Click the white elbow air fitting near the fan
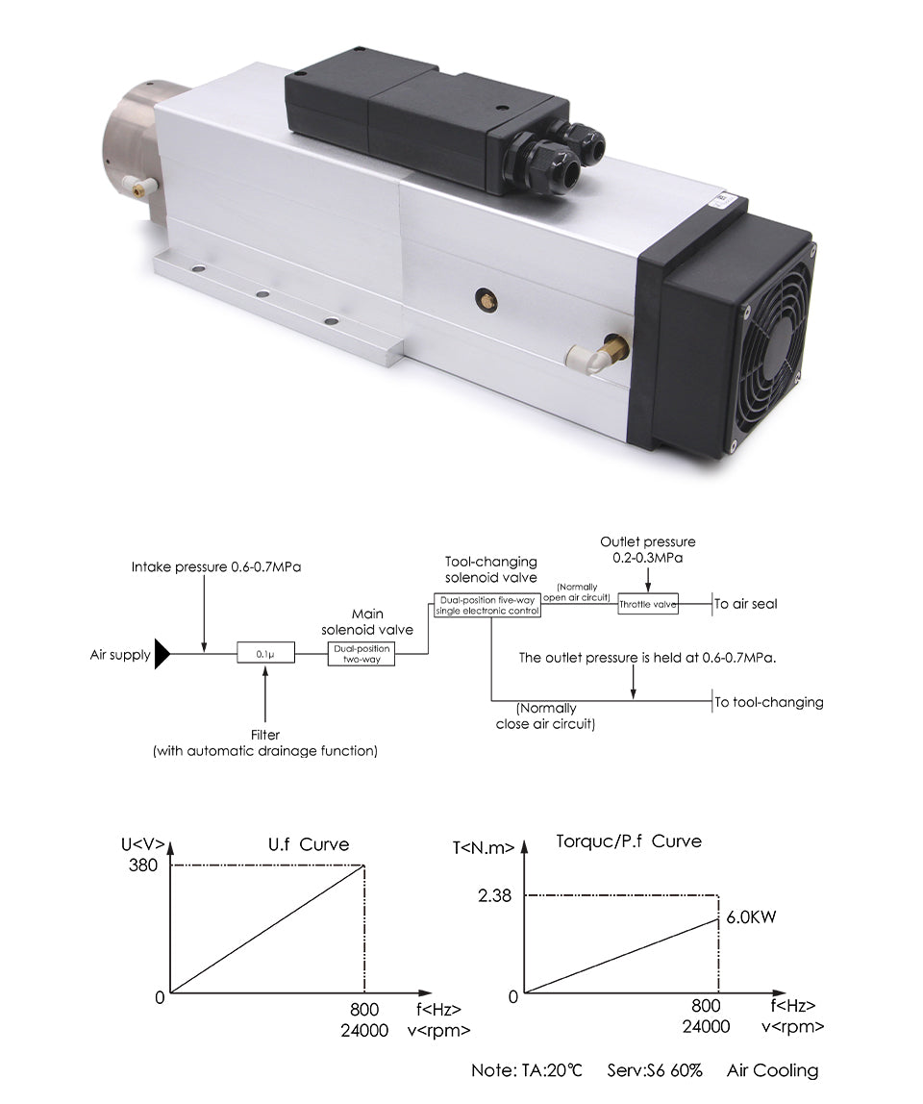589,357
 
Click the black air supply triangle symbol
162,655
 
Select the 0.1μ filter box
265,655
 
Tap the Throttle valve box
647,604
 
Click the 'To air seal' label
746,604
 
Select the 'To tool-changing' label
769,702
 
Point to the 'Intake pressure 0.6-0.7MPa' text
216,567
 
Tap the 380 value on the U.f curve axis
141,865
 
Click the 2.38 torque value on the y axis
494,895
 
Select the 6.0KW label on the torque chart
751,916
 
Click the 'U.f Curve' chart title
308,844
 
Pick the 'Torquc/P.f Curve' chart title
629,841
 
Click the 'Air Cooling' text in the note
773,1070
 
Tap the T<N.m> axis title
483,847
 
